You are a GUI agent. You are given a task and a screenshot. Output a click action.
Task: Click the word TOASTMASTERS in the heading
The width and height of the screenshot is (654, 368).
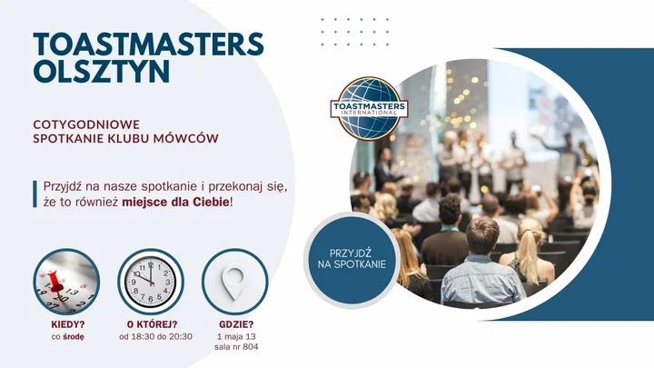(x=148, y=44)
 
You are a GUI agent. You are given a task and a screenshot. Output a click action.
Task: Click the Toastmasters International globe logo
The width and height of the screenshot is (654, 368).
(x=369, y=108)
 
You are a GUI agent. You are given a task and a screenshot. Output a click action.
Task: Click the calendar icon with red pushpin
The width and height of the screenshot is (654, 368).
(x=66, y=281)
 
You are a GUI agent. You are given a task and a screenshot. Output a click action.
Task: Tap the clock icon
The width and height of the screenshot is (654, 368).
(x=149, y=281)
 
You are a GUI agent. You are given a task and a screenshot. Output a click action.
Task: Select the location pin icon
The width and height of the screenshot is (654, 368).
(x=235, y=281)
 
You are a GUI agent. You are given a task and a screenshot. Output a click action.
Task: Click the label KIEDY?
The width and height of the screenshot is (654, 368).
(x=67, y=324)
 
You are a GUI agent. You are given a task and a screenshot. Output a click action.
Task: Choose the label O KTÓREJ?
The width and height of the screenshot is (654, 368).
(x=149, y=324)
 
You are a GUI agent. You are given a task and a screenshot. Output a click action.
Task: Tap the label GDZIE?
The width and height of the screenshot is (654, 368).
(x=236, y=324)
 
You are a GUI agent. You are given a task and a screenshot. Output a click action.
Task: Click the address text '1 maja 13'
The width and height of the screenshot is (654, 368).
(x=236, y=337)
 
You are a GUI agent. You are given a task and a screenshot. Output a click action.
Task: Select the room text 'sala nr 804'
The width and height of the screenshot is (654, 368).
(x=236, y=347)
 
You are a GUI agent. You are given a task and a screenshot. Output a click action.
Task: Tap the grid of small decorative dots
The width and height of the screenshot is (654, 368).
(x=354, y=31)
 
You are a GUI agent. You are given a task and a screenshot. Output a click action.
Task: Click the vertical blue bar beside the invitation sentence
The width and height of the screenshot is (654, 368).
(x=34, y=194)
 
